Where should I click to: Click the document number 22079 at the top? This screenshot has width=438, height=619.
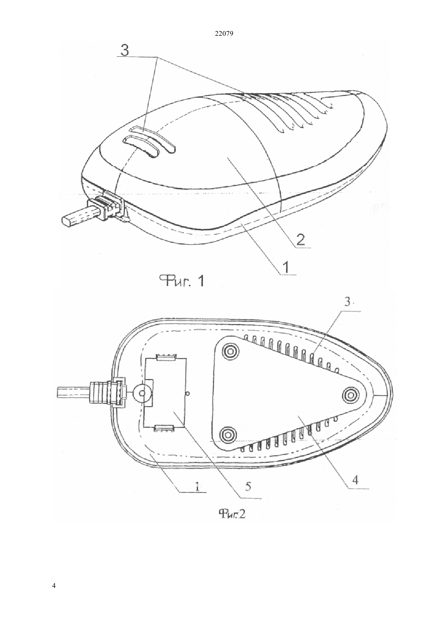[x=224, y=34]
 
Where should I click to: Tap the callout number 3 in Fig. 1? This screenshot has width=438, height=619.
[x=125, y=50]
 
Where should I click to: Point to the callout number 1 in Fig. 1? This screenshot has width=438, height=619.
[x=286, y=267]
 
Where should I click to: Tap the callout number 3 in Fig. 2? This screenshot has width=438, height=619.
[x=347, y=303]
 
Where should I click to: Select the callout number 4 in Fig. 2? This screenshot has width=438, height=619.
[x=355, y=480]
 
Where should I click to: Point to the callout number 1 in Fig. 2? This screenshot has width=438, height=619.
[x=197, y=486]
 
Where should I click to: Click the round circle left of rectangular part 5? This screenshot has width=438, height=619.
[x=142, y=393]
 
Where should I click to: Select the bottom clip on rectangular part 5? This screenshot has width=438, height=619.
[x=164, y=428]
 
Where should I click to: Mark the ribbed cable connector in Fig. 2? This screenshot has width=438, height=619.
[x=107, y=392]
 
